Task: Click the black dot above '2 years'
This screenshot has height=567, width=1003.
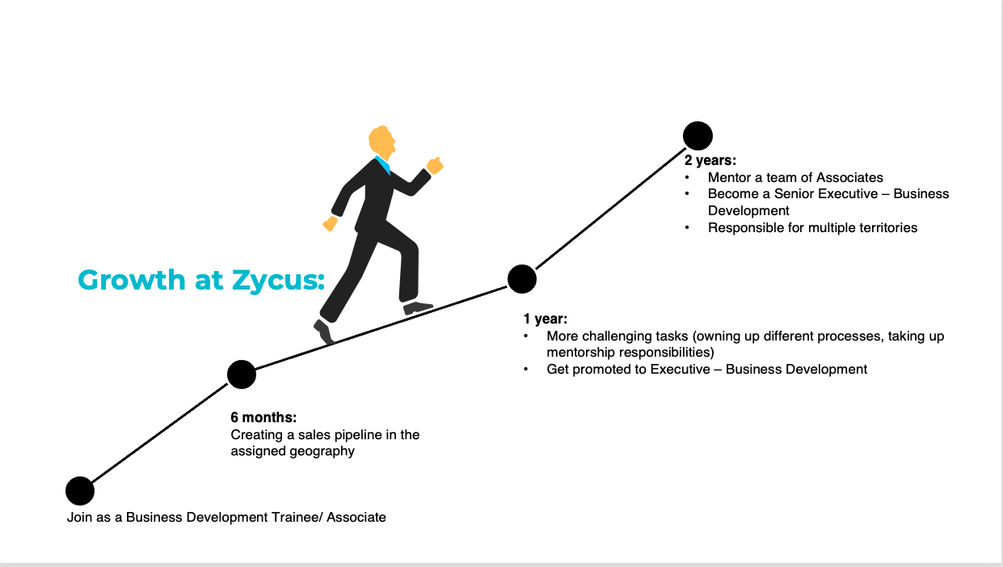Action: tap(697, 136)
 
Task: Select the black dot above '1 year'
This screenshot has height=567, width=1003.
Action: tap(522, 279)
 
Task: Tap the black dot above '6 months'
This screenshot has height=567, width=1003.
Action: tap(242, 374)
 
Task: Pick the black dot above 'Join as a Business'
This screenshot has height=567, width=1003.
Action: tap(80, 491)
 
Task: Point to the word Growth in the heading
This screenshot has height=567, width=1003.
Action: tap(132, 280)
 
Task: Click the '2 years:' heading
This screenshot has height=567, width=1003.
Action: tap(710, 160)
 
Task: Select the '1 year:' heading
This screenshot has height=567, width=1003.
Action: tap(546, 319)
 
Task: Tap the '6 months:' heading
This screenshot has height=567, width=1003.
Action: tap(263, 417)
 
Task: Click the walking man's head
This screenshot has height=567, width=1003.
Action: tap(382, 141)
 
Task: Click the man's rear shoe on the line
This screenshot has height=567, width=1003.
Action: tap(324, 332)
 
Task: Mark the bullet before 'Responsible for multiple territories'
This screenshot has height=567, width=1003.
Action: tap(687, 228)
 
